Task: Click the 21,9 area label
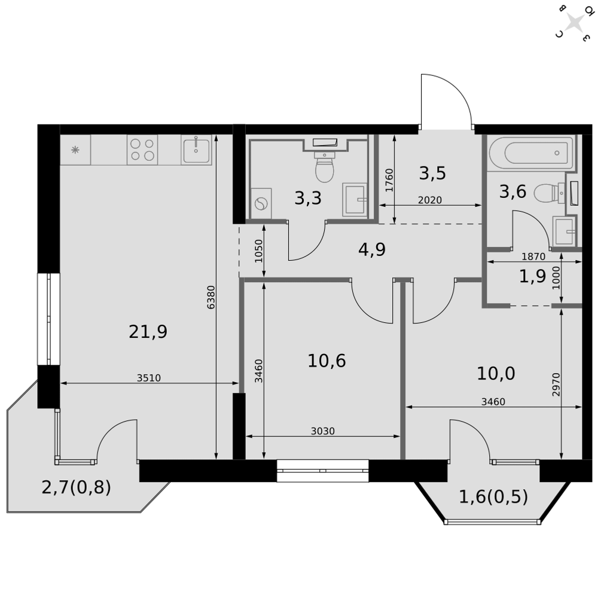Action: tap(148, 332)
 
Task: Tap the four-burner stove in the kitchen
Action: tap(142, 149)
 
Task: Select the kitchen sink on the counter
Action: tap(196, 149)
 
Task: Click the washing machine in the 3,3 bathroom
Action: tap(261, 203)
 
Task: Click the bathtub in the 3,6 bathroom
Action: tap(531, 153)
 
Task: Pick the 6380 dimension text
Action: tap(211, 297)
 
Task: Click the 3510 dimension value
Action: tap(149, 378)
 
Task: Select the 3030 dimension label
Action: tap(323, 431)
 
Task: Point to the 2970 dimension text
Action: tap(556, 385)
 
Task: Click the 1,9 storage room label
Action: tap(532, 276)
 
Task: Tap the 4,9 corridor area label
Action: tap(372, 250)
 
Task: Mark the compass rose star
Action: tap(574, 23)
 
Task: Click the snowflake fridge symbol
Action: tap(75, 150)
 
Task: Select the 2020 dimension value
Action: tap(430, 200)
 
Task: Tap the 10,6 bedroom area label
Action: tap(327, 361)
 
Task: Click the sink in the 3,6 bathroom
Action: tap(564, 231)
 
